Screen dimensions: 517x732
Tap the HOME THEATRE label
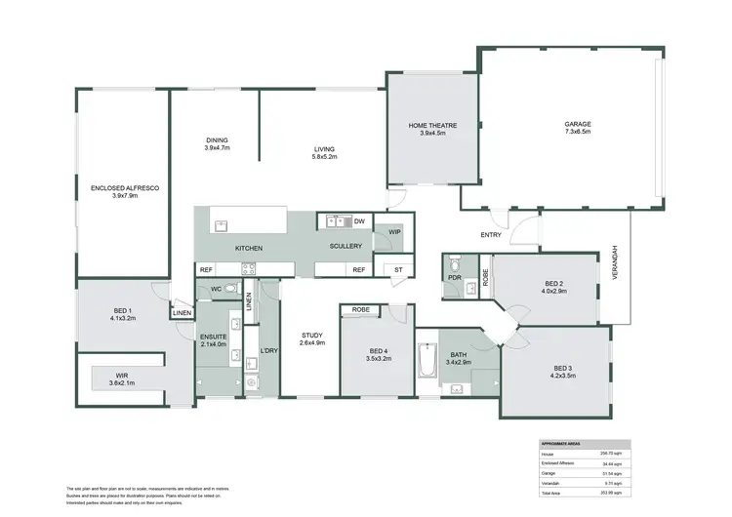click(431, 126)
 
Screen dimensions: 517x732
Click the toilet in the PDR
click(454, 264)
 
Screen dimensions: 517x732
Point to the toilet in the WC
click(230, 289)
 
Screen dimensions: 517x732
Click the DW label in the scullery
click(359, 221)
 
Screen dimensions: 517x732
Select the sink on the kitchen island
click(222, 224)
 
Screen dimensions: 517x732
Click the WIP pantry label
click(395, 231)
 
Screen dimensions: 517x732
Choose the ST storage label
click(397, 269)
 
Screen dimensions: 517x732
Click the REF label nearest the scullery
click(358, 269)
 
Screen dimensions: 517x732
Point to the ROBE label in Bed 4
click(360, 310)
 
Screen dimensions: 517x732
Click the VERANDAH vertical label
click(615, 262)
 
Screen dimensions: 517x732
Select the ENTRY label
click(490, 235)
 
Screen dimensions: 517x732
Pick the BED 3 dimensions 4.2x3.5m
click(555, 374)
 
